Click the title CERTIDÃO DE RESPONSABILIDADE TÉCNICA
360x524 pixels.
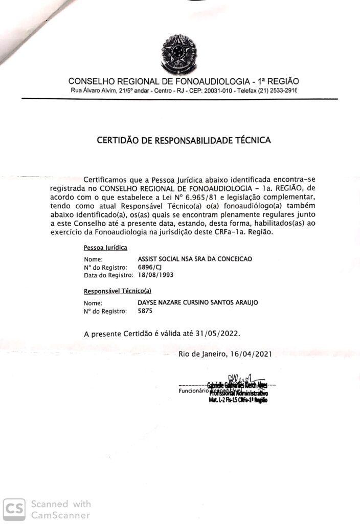[184, 139]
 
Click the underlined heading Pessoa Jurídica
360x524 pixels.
[105, 248]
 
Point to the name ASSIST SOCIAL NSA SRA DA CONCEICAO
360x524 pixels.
[195, 259]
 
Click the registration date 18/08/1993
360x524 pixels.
[156, 275]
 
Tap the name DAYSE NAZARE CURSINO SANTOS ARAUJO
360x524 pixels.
[198, 302]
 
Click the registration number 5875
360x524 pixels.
[145, 311]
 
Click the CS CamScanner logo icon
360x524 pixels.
[14, 509]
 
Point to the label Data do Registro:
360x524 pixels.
[108, 275]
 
